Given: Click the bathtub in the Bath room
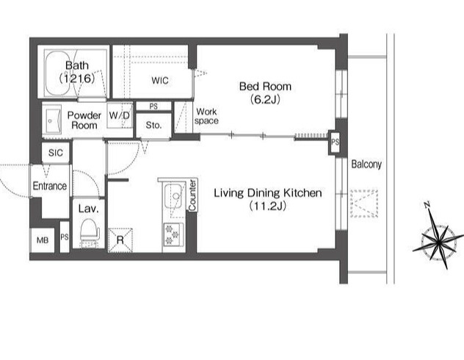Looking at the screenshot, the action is coord(61,73).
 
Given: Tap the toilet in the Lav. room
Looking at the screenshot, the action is coord(89,231).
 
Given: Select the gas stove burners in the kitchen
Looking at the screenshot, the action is coord(173,234).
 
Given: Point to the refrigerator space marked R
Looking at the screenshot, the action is coord(120,240).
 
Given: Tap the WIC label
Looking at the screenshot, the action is coord(160,80).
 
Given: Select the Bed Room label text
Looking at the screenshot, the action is coord(265,87).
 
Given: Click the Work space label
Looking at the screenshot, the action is coord(206,116).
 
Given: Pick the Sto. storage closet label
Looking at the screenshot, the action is coord(153,125).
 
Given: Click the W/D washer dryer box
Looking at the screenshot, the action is coord(120,115).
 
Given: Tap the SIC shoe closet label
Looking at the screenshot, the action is coord(56,153).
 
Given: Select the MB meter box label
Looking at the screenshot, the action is coord(43,240).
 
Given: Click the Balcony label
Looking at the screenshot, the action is coord(366,165).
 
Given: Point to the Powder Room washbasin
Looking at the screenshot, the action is coord(52,120).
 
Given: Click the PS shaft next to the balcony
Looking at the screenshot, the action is coord(335,143).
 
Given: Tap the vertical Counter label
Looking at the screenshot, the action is coord(192,195).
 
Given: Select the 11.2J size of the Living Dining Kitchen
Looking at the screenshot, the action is coord(267,206).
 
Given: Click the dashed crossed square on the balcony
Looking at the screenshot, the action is coord(364,204).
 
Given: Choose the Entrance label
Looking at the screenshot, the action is coord(49,186).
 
